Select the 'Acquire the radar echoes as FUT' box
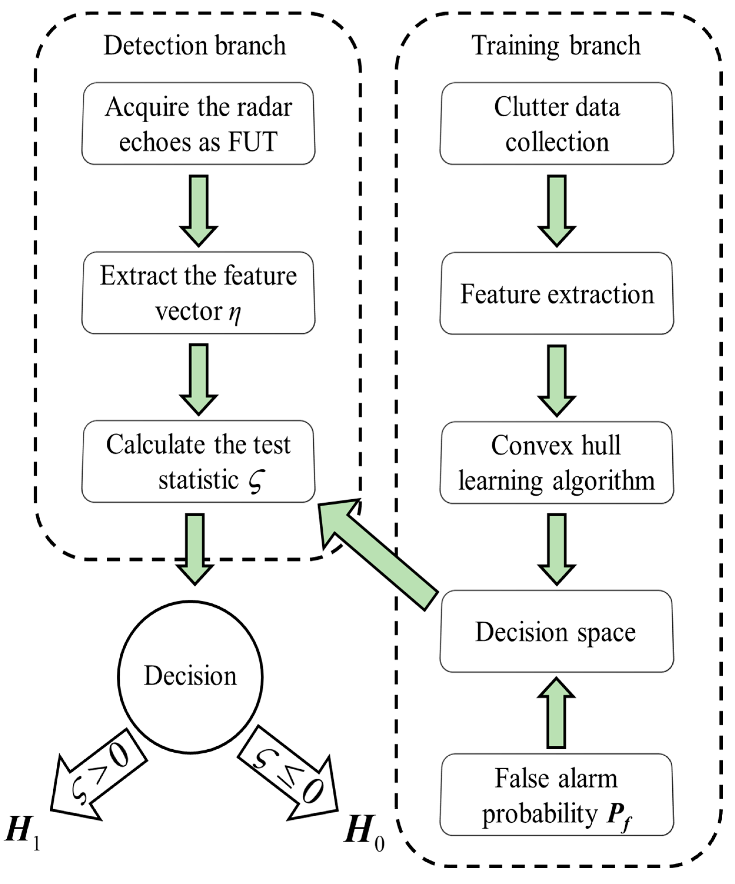pos(198,124)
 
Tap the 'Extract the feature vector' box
pos(198,293)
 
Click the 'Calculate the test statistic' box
pos(198,461)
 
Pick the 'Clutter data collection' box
pos(556,124)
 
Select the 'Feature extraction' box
pos(556,294)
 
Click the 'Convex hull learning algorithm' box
pos(556,463)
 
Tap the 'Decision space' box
pos(556,631)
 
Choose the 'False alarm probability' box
pos(556,795)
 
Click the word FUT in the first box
pos(253,142)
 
